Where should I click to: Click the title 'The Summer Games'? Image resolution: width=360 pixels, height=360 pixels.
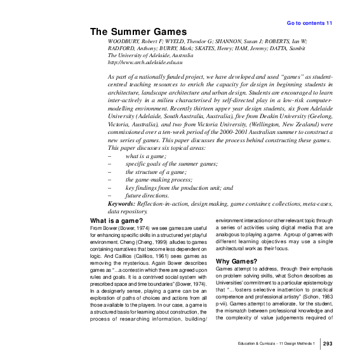[138, 32]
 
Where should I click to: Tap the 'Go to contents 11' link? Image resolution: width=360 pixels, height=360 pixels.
[309, 23]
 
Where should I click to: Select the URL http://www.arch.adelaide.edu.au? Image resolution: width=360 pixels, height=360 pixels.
[145, 62]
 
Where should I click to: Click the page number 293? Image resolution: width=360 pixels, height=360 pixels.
[328, 343]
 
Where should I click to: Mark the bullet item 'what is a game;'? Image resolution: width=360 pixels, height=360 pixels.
[145, 156]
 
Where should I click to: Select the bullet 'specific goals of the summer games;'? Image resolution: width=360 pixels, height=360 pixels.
[171, 164]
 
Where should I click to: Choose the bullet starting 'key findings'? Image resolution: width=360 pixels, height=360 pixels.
[179, 188]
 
